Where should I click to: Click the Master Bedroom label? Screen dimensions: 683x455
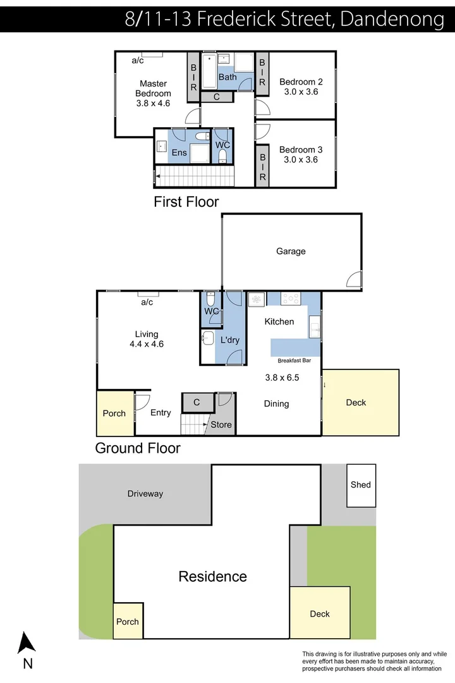[x=153, y=89]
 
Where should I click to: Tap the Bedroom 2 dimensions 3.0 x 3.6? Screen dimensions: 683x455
[x=301, y=92]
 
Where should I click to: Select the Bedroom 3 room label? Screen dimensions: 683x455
[x=301, y=150]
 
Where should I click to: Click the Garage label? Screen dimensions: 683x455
[x=291, y=251]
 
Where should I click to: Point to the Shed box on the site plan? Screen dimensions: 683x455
[x=361, y=485]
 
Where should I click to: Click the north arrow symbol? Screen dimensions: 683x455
[x=27, y=643]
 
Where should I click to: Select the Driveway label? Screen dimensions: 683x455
[x=145, y=494]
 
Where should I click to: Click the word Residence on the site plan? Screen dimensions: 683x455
[x=212, y=576]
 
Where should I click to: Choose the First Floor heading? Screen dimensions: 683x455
[x=186, y=202]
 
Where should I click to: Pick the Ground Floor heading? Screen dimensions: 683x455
[x=138, y=448]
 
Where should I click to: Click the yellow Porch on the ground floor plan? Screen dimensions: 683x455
[x=114, y=414]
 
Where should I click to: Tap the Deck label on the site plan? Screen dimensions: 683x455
[x=320, y=613]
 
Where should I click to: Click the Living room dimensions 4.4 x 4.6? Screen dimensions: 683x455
[x=147, y=345]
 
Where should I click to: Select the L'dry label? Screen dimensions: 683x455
[x=229, y=340]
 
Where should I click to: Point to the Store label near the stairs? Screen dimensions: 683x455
[x=221, y=425]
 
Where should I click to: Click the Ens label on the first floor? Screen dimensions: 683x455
[x=179, y=153]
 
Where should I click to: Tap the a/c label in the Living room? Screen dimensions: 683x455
[x=147, y=302]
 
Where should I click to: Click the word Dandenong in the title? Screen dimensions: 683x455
[x=392, y=19]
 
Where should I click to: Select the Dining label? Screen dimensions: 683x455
[x=276, y=403]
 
